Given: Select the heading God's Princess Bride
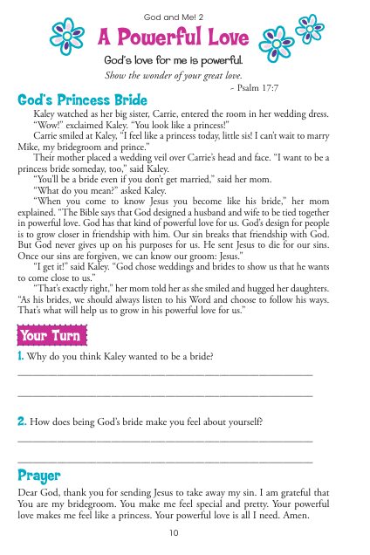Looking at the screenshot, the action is pos(83,101).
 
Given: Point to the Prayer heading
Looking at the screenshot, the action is pos(39,476).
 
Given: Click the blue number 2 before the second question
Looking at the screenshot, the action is pos(21,421).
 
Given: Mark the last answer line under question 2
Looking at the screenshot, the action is pos(165,460).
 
